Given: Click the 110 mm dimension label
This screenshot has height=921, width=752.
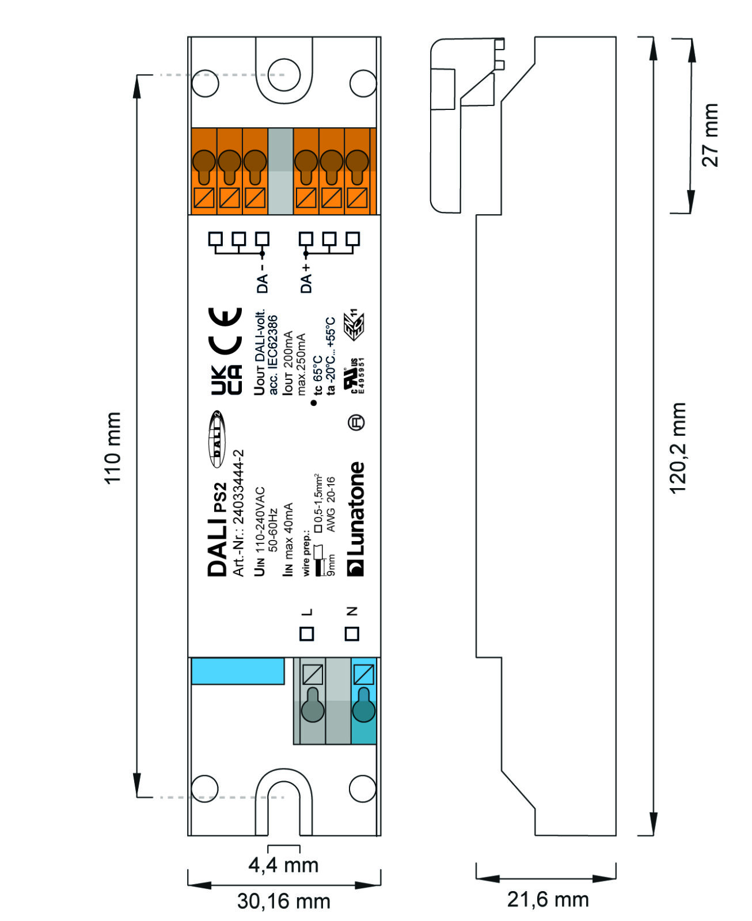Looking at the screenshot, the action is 112,448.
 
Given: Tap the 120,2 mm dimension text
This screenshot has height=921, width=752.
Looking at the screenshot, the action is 677,448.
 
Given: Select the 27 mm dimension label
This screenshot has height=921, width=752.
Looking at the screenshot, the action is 710,135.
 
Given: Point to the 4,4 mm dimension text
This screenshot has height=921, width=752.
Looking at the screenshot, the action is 283,865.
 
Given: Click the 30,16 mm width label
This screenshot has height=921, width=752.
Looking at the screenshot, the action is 283,901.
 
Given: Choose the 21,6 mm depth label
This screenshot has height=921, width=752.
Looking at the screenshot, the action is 548,899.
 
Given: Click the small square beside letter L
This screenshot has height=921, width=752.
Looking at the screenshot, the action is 306,634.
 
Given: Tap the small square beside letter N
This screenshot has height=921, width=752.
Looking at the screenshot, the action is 352,634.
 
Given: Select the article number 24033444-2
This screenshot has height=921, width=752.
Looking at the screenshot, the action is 238,513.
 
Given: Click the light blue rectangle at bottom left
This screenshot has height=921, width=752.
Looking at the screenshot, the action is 238,671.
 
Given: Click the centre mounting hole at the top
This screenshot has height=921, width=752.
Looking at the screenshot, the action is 284,75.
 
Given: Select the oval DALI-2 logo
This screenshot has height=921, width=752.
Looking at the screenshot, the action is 217,439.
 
